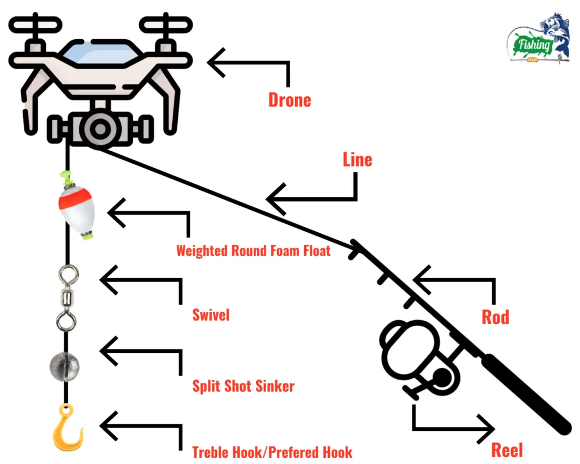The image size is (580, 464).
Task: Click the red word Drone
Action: pyautogui.click(x=289, y=100)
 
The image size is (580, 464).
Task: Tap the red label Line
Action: pyautogui.click(x=357, y=160)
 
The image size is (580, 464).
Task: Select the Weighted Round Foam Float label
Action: pyautogui.click(x=253, y=250)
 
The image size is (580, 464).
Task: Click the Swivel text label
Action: pyautogui.click(x=211, y=315)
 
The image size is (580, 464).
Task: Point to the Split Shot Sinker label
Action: pyautogui.click(x=243, y=386)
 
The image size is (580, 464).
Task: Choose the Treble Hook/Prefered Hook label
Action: pyautogui.click(x=272, y=452)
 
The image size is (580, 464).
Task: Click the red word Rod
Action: pyautogui.click(x=495, y=317)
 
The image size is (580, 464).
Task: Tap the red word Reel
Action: pyautogui.click(x=507, y=450)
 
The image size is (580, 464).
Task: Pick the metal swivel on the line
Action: pyautogui.click(x=67, y=299)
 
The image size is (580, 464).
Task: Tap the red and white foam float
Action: pyautogui.click(x=76, y=207)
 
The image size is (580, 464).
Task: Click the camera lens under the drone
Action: pyautogui.click(x=100, y=129)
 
